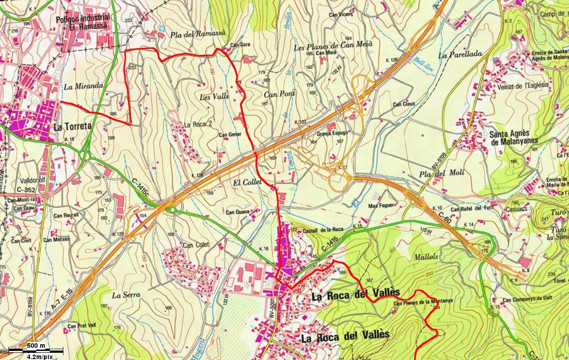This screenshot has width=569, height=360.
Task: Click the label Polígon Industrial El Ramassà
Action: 82,22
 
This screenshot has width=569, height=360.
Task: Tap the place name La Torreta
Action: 72,127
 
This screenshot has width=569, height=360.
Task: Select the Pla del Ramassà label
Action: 198,35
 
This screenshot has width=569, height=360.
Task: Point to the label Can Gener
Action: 230,135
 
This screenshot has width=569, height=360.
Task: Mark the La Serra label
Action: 126,295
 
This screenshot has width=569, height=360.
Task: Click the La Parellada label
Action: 459,54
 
